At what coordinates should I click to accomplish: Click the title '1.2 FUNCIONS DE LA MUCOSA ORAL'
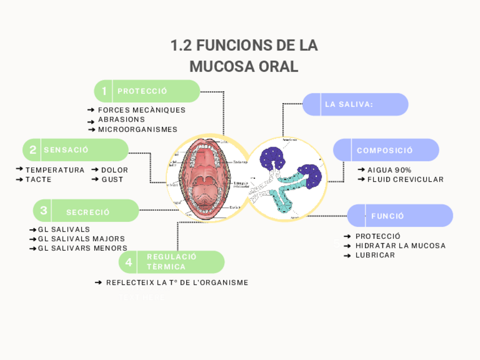coord(243,55)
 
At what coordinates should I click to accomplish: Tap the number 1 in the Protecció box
coord(104,91)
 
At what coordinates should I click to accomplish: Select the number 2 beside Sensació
coord(33,150)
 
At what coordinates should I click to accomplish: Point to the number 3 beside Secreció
coord(43,211)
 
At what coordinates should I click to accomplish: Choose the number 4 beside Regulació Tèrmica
coord(129,262)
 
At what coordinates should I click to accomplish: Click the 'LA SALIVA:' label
coord(349,104)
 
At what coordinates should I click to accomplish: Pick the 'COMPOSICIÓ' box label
coord(385,151)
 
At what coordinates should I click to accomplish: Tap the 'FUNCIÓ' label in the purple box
coord(388,216)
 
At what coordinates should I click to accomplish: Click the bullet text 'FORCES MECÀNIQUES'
coord(142,110)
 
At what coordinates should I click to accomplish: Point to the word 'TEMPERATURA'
coord(55,170)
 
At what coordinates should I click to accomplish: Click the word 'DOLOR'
coord(114,170)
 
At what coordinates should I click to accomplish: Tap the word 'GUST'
coord(112,179)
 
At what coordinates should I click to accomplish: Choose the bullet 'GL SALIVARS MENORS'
coord(83,248)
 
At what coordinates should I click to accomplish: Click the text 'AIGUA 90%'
coord(389,170)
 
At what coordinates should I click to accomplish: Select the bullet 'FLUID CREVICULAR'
coord(405,179)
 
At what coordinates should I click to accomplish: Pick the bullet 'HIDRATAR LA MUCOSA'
coord(400,246)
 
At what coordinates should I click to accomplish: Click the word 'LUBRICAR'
coord(375,255)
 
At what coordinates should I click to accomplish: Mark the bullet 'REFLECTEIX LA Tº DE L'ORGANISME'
coord(177,282)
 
